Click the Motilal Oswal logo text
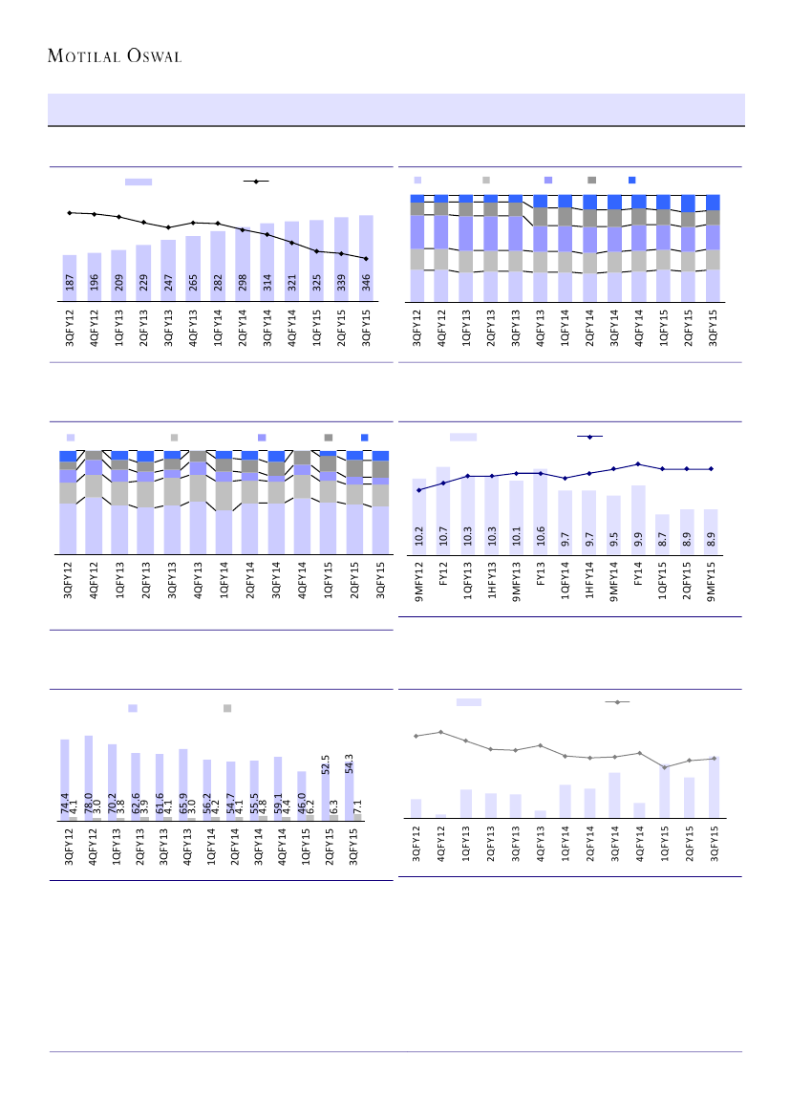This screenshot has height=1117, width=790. tap(115, 55)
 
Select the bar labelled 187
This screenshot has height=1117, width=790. tap(69, 278)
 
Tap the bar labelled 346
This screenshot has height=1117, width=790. tap(366, 258)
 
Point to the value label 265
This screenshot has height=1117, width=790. tap(193, 285)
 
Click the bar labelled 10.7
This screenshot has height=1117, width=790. tap(443, 509)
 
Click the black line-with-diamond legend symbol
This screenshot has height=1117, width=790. tap(255, 181)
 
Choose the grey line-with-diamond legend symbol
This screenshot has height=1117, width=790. tap(619, 702)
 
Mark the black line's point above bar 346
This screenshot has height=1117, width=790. tap(366, 258)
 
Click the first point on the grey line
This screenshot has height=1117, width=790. tap(416, 736)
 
